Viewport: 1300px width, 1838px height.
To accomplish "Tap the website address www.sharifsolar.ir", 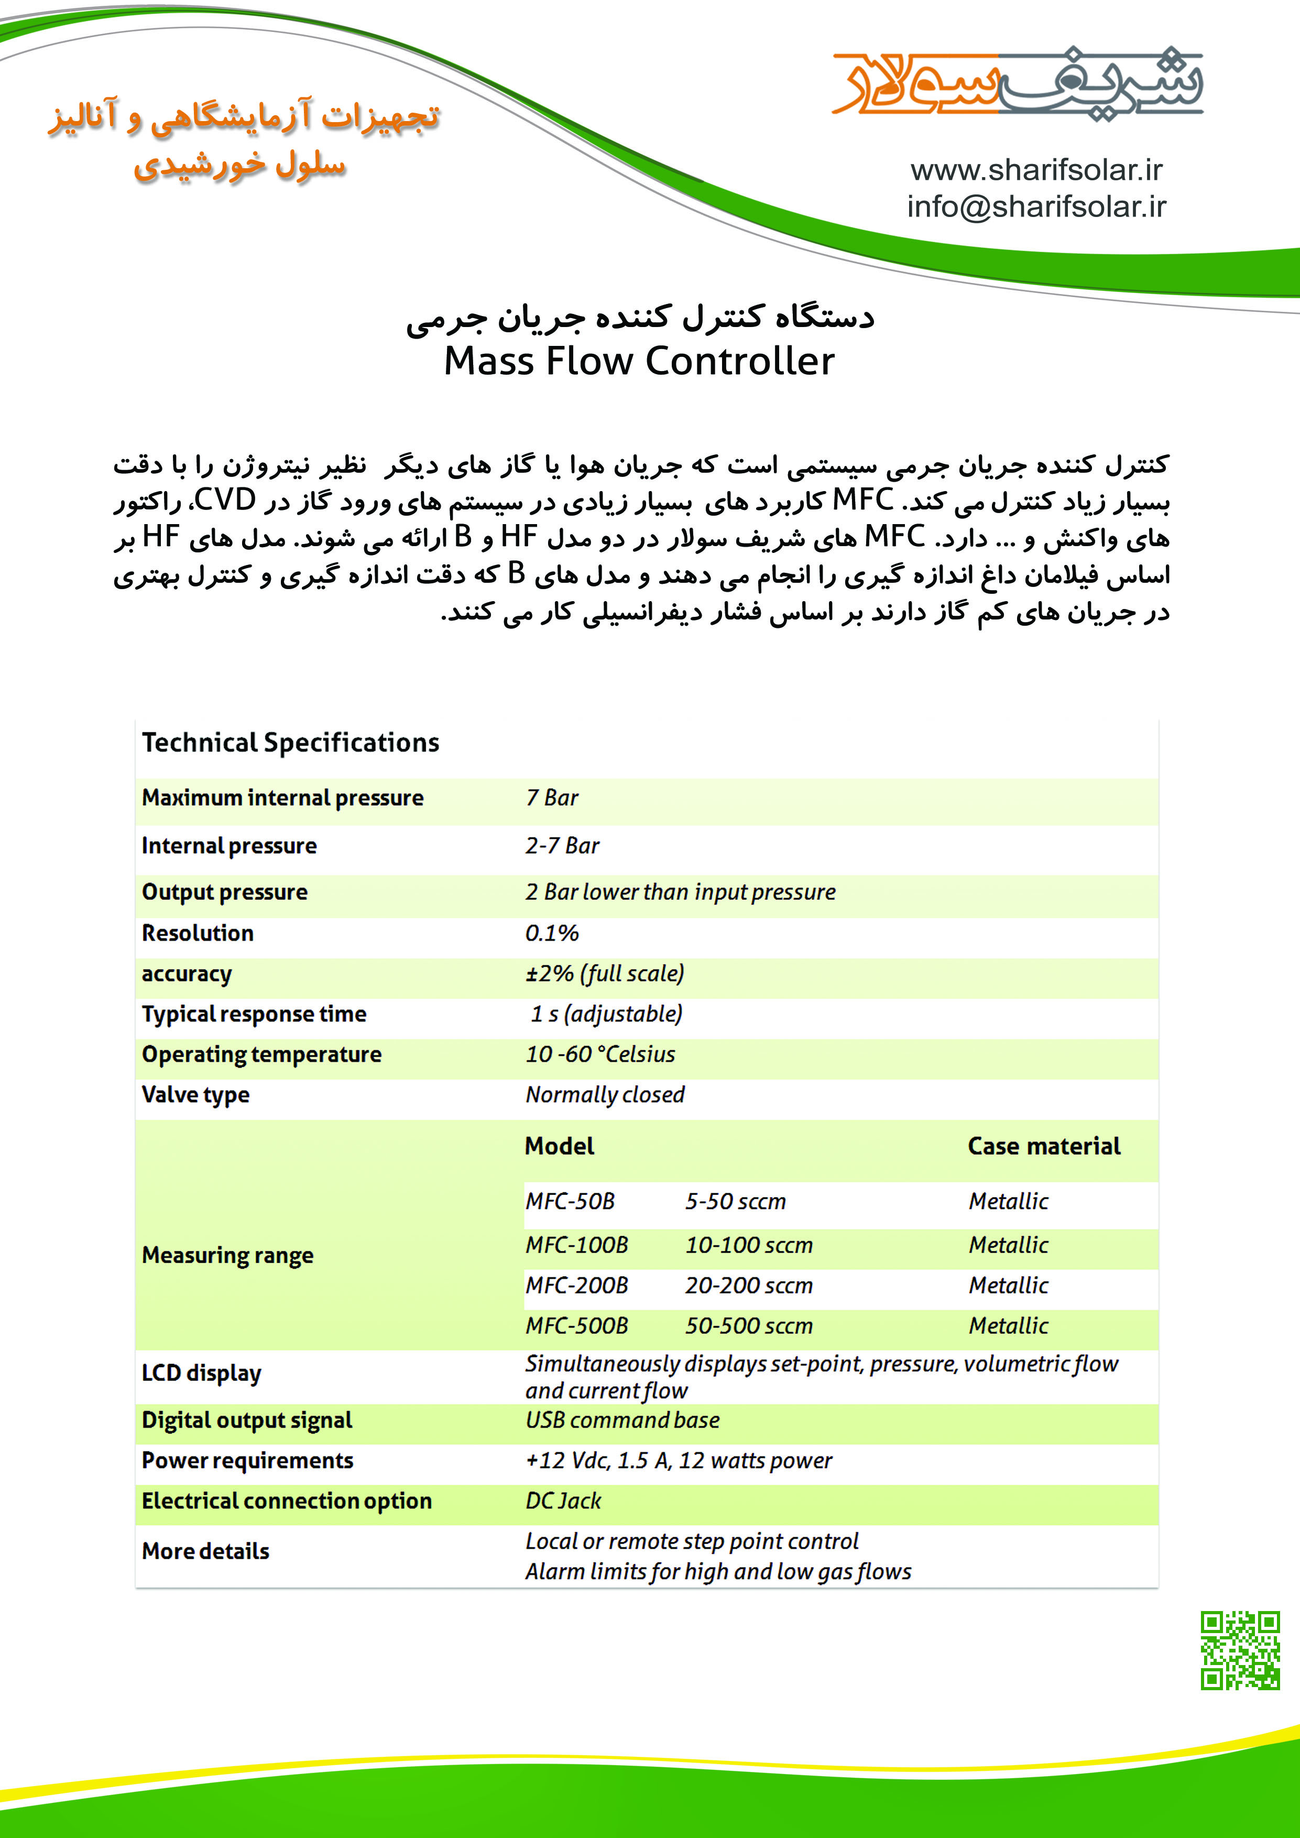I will pyautogui.click(x=1036, y=170).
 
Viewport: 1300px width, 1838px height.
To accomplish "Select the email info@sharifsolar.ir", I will pyautogui.click(x=1036, y=206).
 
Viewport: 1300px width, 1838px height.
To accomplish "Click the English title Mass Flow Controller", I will pyautogui.click(x=639, y=361).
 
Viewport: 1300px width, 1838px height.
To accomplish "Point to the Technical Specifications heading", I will pyautogui.click(x=291, y=743).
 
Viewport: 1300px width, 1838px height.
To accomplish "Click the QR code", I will pyautogui.click(x=1240, y=1650).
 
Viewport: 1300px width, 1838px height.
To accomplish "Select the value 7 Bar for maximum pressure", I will pyautogui.click(x=552, y=798).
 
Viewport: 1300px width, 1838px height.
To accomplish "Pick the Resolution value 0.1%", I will pyautogui.click(x=552, y=933).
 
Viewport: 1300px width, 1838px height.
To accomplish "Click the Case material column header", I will pyautogui.click(x=1043, y=1146).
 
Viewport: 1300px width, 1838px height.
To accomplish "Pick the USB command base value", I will pyautogui.click(x=622, y=1420).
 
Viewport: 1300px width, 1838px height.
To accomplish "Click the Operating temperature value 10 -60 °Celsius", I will pyautogui.click(x=599, y=1055).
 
